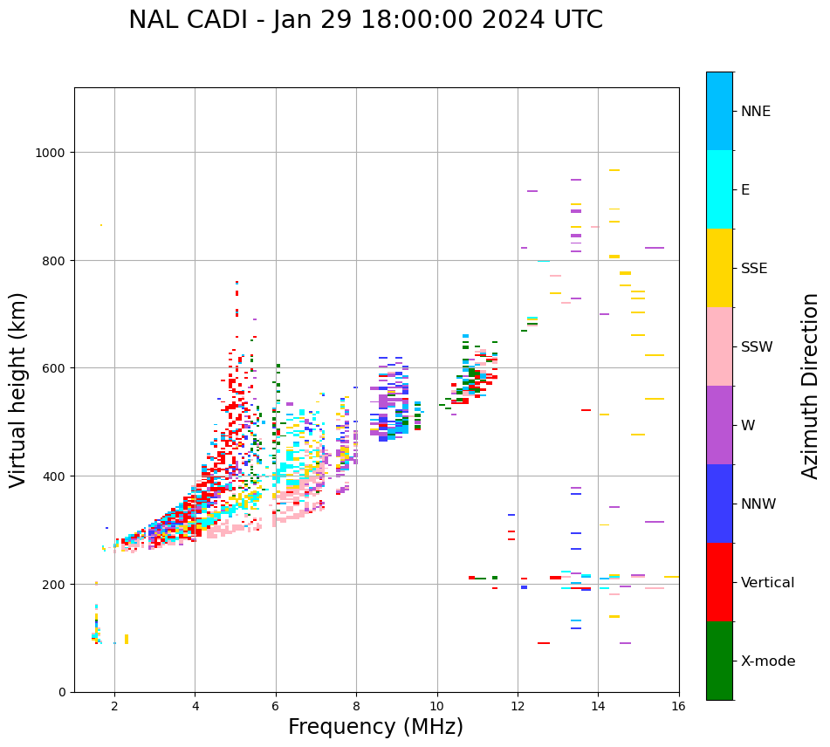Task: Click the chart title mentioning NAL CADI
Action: (x=365, y=20)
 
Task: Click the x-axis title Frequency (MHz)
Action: (x=375, y=727)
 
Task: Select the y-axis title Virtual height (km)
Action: (x=18, y=389)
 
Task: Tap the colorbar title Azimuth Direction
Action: (x=811, y=385)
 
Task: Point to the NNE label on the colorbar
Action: (x=756, y=111)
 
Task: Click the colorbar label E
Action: (x=745, y=189)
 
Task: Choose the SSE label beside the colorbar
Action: (x=754, y=268)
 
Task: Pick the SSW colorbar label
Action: (x=757, y=346)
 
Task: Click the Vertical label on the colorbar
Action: (x=767, y=582)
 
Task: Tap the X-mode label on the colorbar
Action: (x=768, y=661)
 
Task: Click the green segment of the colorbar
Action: (x=719, y=661)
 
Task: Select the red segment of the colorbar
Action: (x=719, y=582)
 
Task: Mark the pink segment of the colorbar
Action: (x=719, y=346)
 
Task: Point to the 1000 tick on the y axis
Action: (x=51, y=153)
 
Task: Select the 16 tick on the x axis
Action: (x=679, y=707)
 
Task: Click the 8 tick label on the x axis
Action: (x=356, y=707)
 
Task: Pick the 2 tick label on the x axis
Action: (x=114, y=707)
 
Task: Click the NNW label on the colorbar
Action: (x=758, y=504)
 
